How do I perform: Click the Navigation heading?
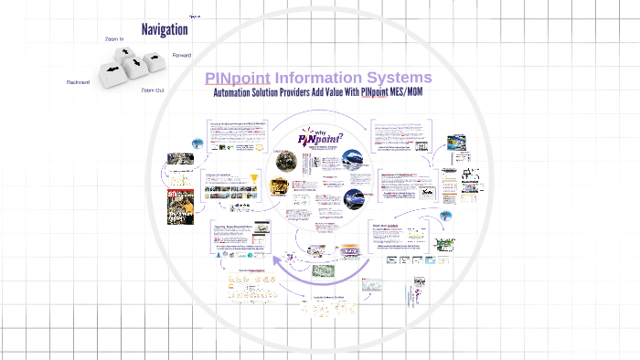[x=165, y=29]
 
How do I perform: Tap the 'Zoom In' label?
[x=114, y=39]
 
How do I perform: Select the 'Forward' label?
[x=182, y=55]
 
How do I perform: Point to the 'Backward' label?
[x=78, y=82]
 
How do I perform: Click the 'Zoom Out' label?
[x=152, y=90]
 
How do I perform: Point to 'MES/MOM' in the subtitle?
[x=409, y=93]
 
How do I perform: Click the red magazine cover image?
[x=180, y=206]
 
